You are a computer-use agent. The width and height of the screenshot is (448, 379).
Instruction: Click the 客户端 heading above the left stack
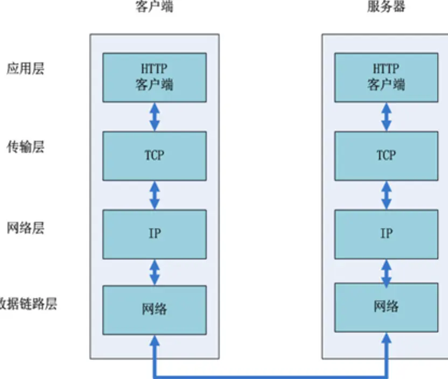155,8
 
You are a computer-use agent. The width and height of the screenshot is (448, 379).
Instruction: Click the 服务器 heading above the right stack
386,8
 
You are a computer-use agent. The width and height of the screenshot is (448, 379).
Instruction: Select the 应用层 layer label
25,68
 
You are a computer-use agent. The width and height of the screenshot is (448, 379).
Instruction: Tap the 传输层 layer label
25,147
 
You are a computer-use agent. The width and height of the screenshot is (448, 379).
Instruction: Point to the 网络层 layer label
25,228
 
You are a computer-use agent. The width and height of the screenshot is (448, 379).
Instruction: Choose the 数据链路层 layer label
29,304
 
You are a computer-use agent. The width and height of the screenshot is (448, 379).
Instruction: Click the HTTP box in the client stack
155,77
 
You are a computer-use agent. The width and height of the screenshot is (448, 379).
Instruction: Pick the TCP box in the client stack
155,156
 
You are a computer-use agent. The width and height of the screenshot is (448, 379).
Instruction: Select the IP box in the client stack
155,234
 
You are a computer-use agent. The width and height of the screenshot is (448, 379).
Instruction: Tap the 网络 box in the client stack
155,310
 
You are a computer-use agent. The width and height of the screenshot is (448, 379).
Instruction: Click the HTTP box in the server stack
386,77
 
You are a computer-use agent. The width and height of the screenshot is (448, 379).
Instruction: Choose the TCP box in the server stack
386,156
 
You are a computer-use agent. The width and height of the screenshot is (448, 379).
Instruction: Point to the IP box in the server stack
386,234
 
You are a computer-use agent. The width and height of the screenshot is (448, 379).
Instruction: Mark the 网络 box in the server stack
386,307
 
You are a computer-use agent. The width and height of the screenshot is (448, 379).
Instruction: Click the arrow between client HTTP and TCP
155,117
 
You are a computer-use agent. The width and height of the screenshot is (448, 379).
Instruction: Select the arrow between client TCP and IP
155,195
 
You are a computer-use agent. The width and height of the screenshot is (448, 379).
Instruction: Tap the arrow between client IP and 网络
155,272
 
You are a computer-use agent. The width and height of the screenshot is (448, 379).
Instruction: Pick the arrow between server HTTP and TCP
386,117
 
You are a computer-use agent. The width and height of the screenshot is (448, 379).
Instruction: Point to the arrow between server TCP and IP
386,195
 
